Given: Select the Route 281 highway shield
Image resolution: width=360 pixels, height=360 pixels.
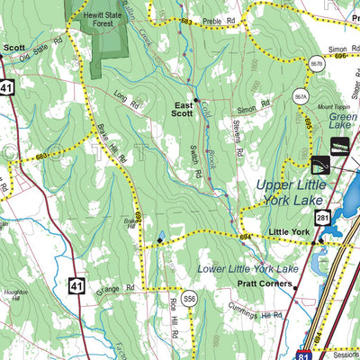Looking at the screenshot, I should click(x=321, y=218).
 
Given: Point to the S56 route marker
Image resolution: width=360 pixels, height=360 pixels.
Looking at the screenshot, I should click(x=188, y=298).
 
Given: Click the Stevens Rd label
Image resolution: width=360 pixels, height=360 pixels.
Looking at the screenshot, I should click(x=238, y=132).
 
